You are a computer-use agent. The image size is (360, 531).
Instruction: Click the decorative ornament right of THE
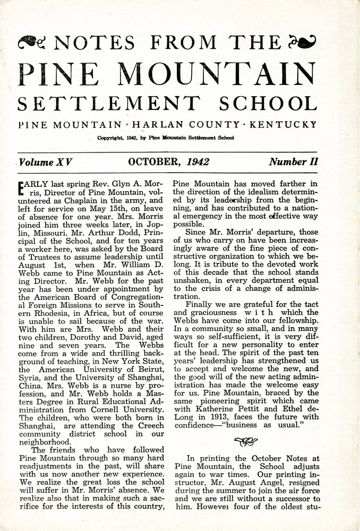point(303,41)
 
